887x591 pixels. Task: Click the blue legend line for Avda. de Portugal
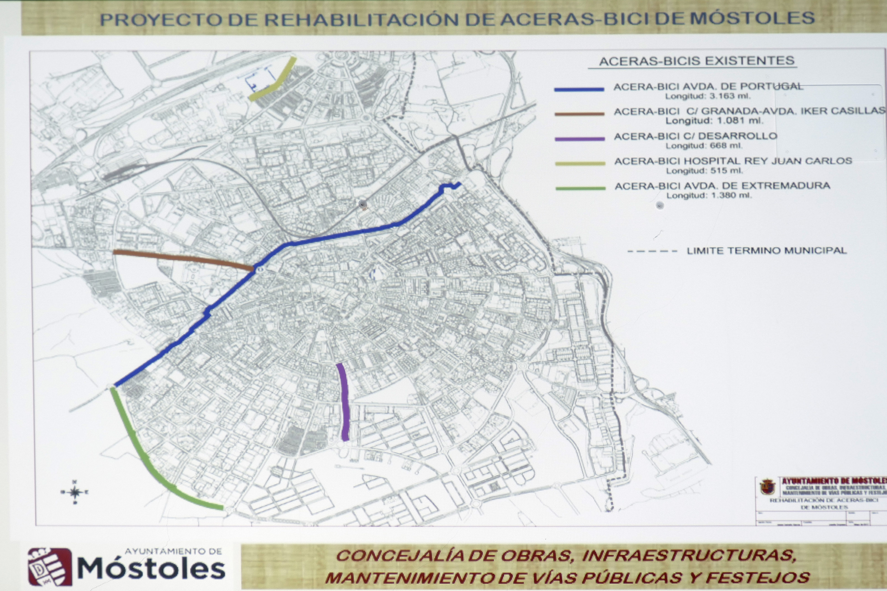(x=579, y=89)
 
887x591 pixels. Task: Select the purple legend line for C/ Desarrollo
(x=580, y=139)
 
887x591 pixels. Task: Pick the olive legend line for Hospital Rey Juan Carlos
(x=580, y=163)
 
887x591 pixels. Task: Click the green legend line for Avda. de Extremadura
(x=580, y=188)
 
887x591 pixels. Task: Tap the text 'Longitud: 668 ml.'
(x=704, y=146)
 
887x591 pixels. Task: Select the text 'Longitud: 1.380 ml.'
(x=709, y=196)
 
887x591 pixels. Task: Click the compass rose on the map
(x=75, y=492)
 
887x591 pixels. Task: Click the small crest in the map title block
(x=767, y=487)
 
